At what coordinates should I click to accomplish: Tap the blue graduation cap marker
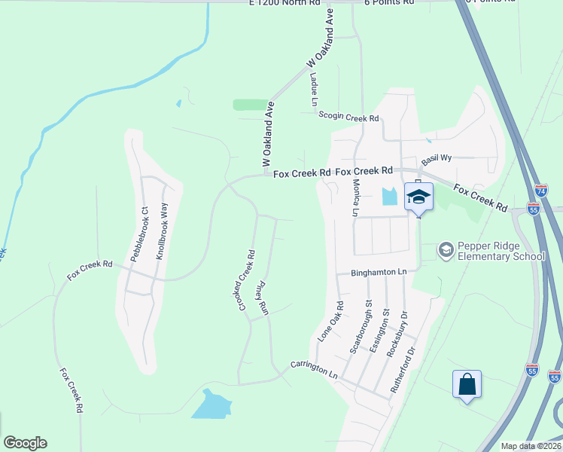(x=419, y=198)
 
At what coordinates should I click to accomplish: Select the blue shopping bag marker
(x=467, y=384)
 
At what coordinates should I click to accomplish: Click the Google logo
(x=25, y=443)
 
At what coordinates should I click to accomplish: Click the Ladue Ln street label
(x=312, y=90)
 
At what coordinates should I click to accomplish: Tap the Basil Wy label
(x=436, y=159)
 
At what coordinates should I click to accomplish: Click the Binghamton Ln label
(x=382, y=272)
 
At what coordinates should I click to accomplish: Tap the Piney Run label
(x=260, y=298)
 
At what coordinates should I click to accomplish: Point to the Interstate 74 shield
(x=541, y=193)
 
